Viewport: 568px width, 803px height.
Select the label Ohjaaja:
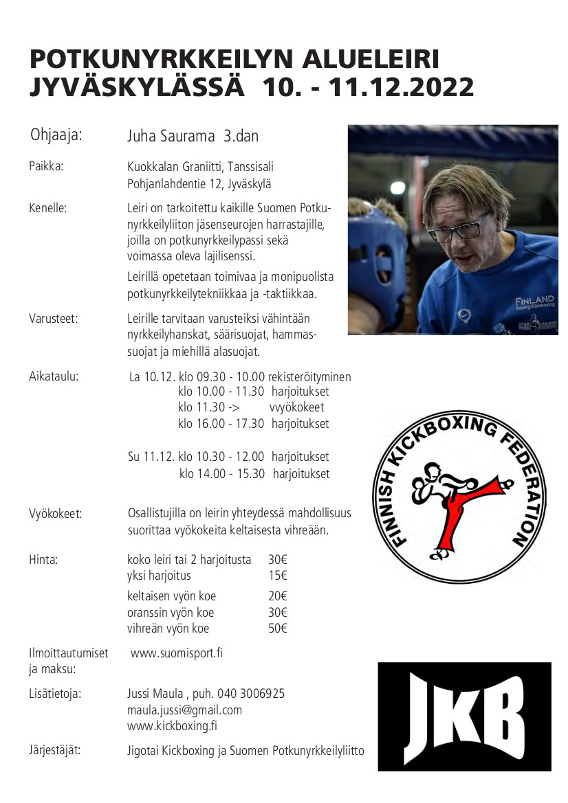pos(56,135)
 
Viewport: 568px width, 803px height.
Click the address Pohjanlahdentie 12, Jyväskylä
pos(199,183)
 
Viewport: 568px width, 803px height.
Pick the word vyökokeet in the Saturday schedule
pos(296,407)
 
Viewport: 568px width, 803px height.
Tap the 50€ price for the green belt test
pos(278,629)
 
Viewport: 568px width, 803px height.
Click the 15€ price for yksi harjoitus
pos(278,576)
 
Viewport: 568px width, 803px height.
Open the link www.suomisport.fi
pos(176,653)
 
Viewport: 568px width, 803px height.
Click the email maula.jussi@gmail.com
pos(184,710)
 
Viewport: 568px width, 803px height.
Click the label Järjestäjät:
pos(54,749)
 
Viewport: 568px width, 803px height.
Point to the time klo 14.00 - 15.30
pos(222,473)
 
